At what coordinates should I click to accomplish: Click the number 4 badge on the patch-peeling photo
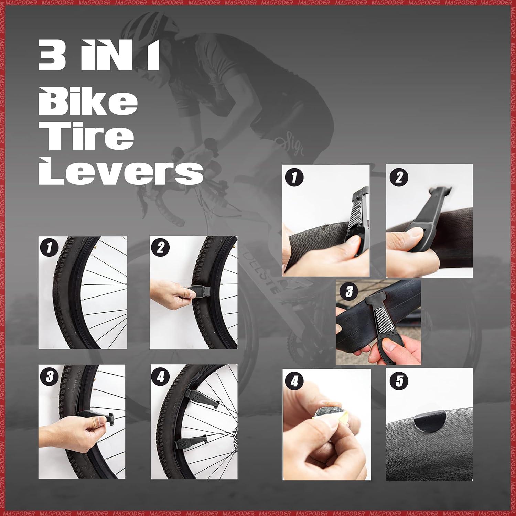point(295,381)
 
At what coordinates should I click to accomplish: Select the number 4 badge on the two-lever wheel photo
point(161,377)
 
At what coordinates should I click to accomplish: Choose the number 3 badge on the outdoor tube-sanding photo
point(349,292)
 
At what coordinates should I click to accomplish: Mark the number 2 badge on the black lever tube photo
point(399,178)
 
